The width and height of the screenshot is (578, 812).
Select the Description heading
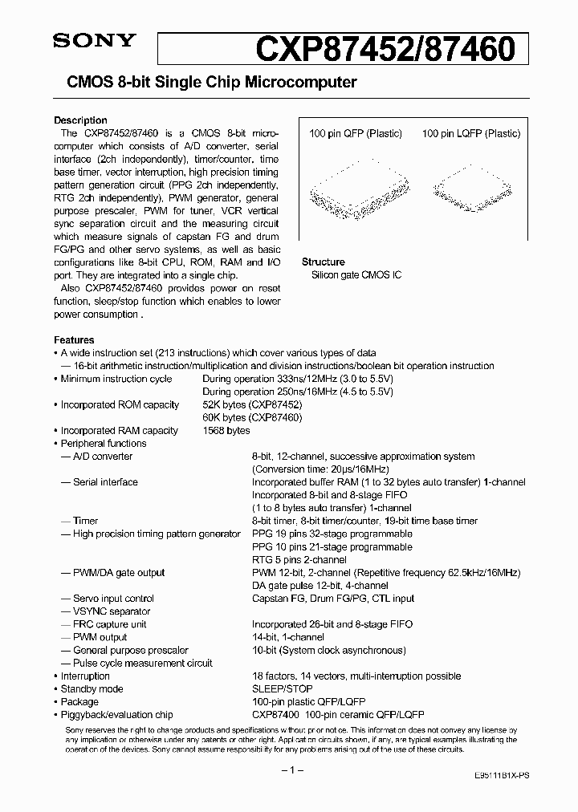[x=80, y=120]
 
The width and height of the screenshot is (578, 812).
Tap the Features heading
[x=74, y=340]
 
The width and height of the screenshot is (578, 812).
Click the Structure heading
[x=323, y=262]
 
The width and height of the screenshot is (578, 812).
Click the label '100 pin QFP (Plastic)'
[x=355, y=134]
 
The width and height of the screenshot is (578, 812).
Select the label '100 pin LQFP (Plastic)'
[x=470, y=134]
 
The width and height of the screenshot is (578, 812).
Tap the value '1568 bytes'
[x=226, y=431]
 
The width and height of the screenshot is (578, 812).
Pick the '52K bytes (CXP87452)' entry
[x=251, y=405]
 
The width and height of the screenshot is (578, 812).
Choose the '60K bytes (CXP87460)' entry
[x=251, y=418]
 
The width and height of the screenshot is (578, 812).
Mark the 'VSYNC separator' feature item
[x=111, y=611]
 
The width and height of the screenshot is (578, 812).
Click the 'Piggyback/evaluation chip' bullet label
[x=116, y=715]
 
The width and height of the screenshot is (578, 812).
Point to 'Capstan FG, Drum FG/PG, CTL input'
[x=333, y=599]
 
